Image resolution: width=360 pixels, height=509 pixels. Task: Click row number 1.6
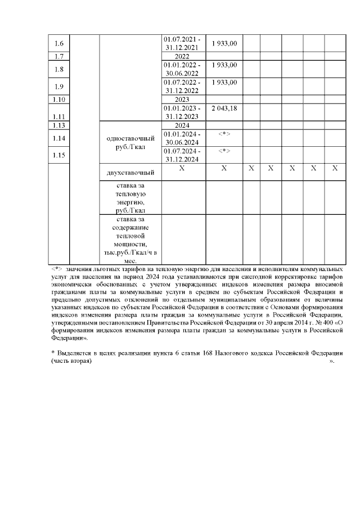point(58,44)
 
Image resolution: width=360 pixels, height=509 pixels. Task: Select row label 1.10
point(58,100)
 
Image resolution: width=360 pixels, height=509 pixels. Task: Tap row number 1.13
point(58,125)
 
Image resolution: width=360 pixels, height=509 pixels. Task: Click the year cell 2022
point(182,56)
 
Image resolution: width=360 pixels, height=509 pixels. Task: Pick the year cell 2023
point(182,100)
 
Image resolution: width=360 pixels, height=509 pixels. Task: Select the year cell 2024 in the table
point(182,125)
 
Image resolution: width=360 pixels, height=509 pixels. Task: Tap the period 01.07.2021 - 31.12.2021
point(182,44)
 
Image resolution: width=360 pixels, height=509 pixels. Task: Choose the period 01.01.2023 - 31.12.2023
point(182,112)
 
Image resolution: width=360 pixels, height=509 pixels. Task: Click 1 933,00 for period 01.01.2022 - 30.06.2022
point(224,65)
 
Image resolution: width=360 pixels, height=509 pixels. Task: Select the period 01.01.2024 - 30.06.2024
point(182,138)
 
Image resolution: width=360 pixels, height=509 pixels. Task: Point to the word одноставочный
point(129,138)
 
